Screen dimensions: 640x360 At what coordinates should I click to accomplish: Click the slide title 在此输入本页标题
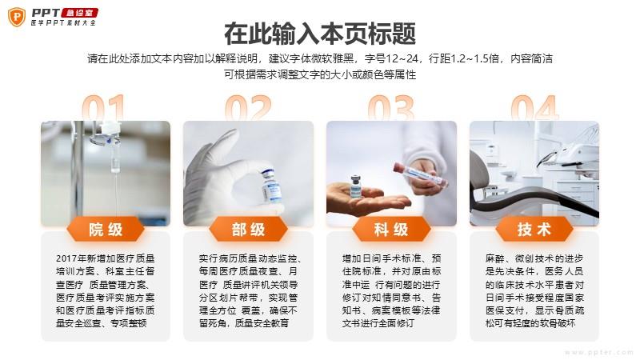coord(320,34)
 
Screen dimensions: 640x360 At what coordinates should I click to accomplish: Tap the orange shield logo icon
coord(17,17)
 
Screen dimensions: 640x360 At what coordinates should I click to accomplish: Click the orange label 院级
coord(106,230)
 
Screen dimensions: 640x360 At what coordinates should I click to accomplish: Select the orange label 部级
coord(248,230)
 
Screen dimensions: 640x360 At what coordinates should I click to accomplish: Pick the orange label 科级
coord(391,230)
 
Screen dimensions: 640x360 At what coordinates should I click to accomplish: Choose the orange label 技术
coord(534,230)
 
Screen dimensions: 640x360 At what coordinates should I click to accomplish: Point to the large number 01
coord(103,108)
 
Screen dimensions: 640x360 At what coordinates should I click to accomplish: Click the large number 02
coord(248,108)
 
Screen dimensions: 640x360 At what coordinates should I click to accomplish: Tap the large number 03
coord(391,108)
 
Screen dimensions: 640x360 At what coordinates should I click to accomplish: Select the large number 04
coord(534,108)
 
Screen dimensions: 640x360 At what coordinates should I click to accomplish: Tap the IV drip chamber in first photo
coord(115,162)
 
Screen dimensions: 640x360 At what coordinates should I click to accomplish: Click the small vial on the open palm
coord(355,186)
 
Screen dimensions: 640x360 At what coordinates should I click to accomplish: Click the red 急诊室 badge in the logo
coord(79,13)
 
